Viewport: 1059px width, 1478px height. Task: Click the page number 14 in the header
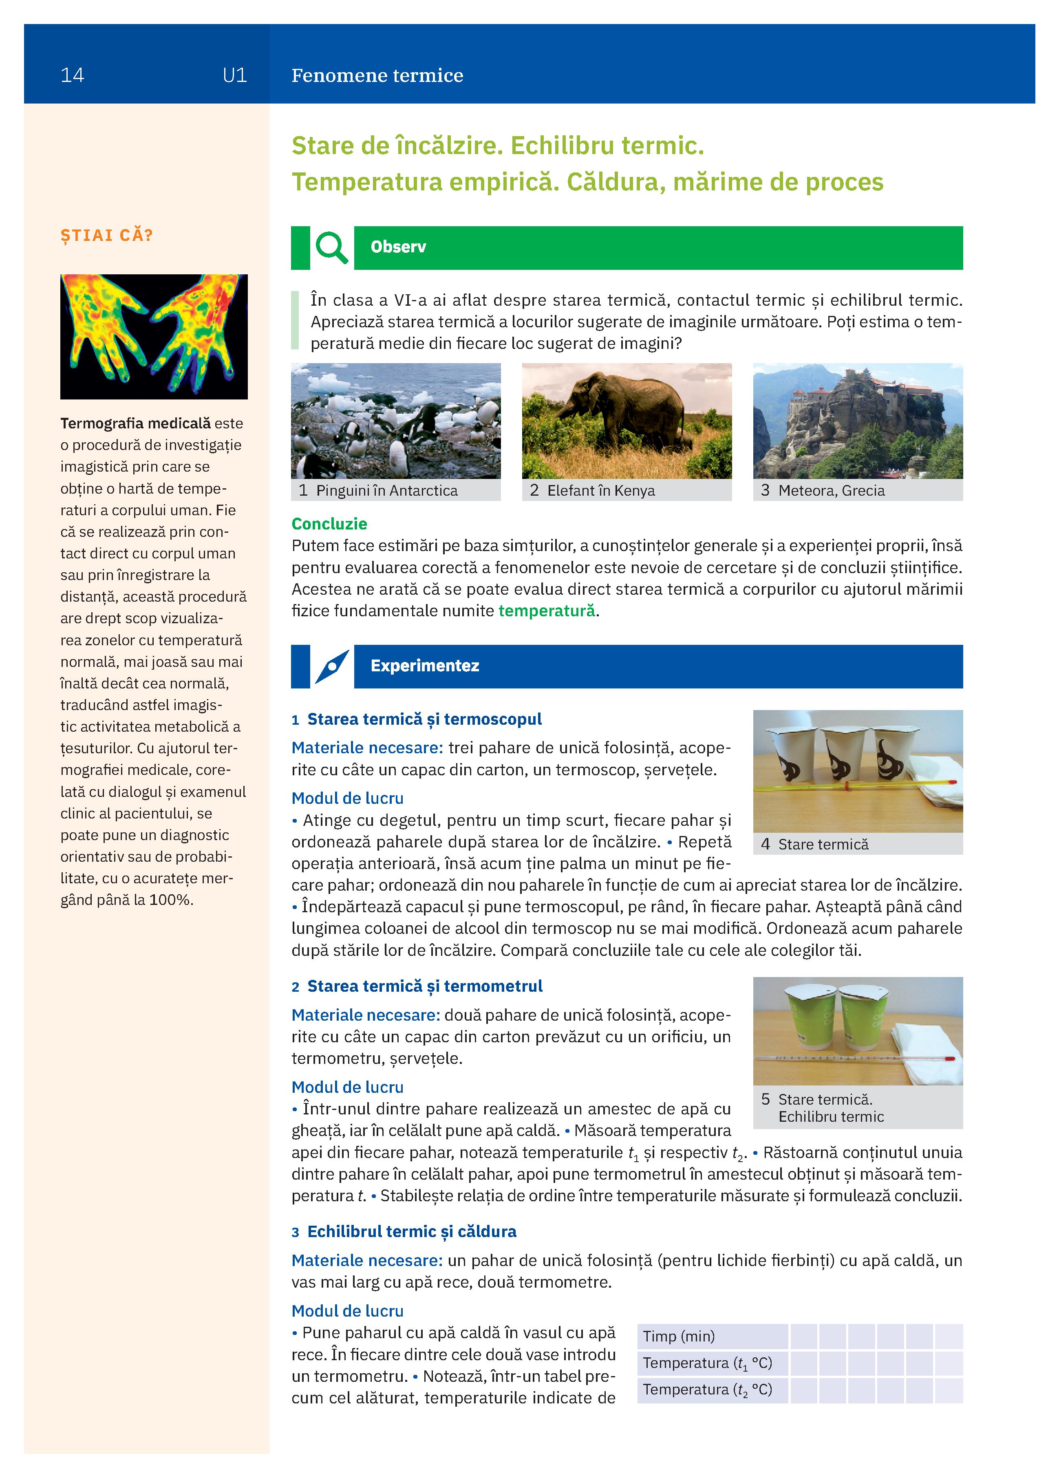[72, 75]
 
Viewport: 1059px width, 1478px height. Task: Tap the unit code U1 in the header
[235, 75]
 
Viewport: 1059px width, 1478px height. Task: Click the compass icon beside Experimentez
[332, 666]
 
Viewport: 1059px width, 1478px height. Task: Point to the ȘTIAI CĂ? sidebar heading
[106, 235]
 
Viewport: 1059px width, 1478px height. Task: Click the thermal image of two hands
[154, 336]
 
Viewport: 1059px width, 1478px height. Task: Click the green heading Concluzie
[329, 524]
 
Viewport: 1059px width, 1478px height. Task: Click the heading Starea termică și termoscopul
[424, 719]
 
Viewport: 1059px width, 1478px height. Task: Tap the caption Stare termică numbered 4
[823, 845]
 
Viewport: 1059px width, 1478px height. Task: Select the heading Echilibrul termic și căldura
[411, 1232]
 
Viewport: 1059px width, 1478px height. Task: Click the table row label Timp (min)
[678, 1337]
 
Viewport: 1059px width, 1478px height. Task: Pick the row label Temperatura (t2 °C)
[707, 1390]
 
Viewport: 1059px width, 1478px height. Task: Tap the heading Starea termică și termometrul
[424, 987]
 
